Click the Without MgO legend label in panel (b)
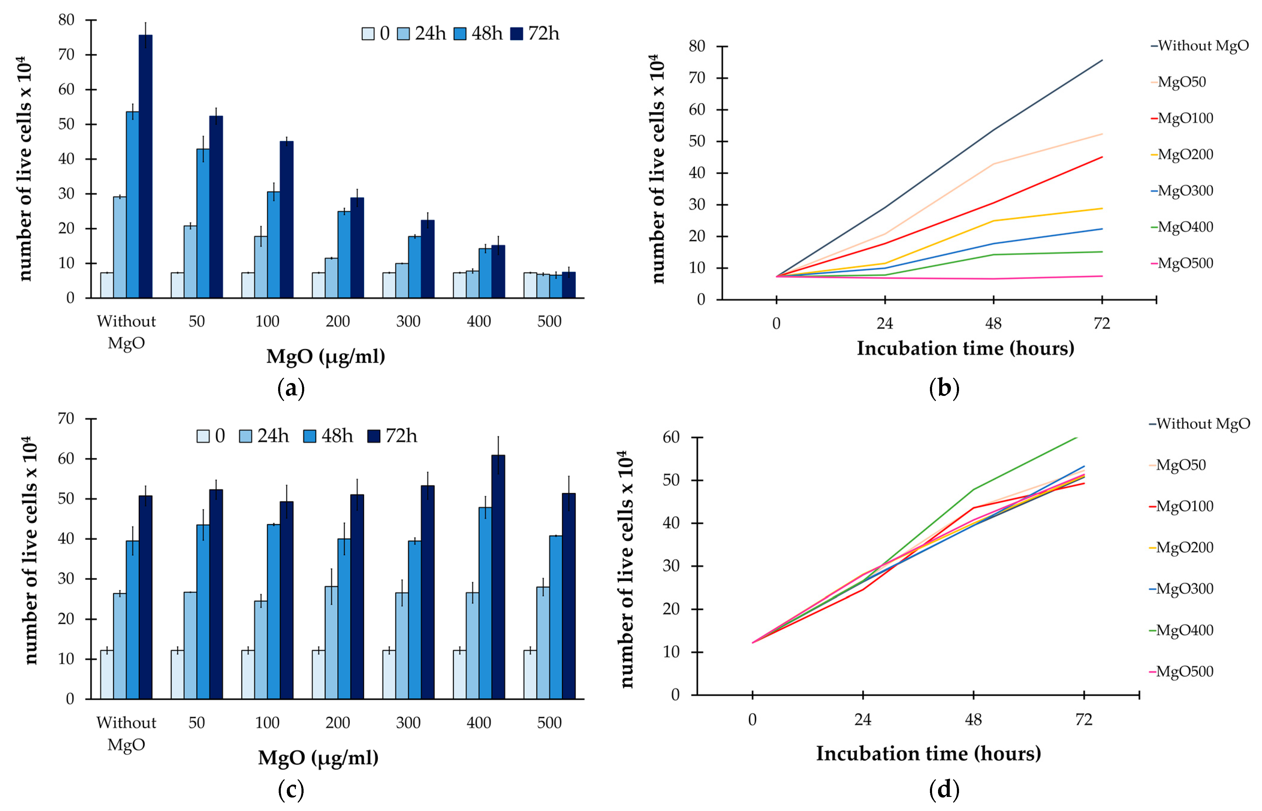tap(1202, 46)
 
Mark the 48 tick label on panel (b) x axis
tap(993, 323)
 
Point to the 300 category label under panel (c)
tap(408, 723)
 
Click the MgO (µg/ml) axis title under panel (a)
tap(325, 357)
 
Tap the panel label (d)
tap(944, 789)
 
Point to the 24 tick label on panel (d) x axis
tap(863, 719)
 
